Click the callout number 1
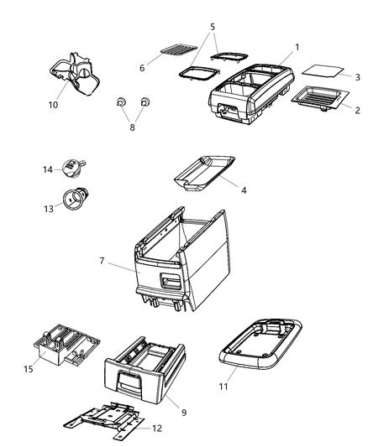coord(296,47)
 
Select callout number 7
coord(103,262)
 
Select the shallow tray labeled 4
coord(204,172)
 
